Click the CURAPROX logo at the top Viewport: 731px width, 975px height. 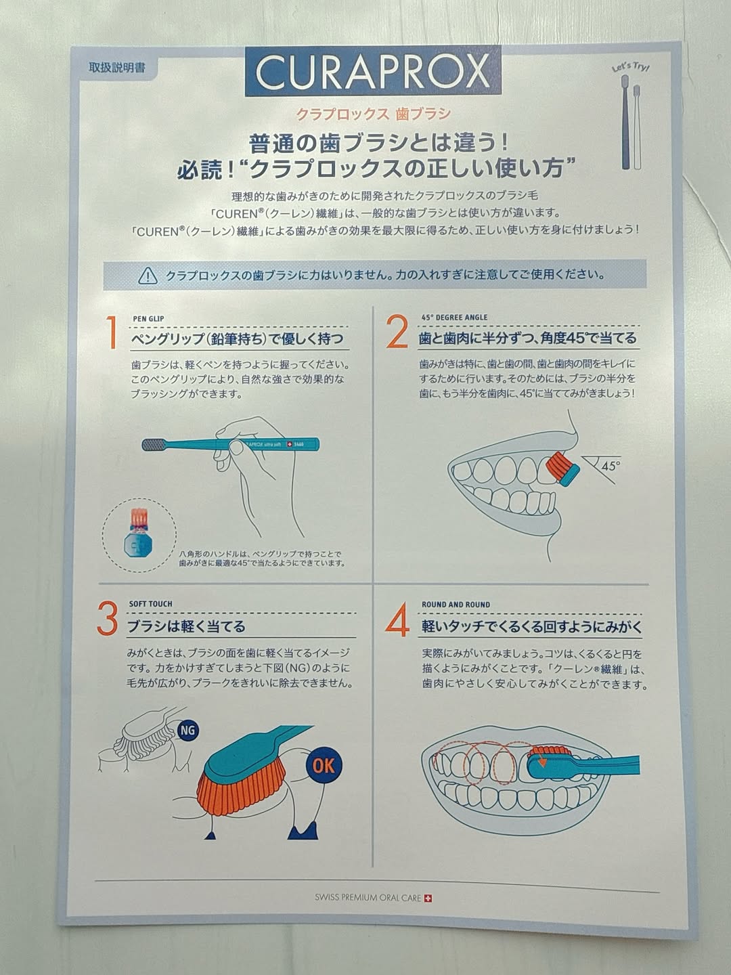point(373,70)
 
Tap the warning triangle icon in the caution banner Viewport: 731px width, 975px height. point(148,276)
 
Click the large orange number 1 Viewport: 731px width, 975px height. point(112,332)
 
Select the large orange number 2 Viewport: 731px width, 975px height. point(397,332)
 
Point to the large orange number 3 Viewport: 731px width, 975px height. point(108,619)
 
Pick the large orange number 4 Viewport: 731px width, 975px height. point(397,620)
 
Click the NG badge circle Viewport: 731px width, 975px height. point(187,730)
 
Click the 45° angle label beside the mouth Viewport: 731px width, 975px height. point(611,466)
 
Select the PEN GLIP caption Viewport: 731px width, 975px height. point(148,319)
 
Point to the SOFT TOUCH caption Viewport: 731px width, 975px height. point(150,604)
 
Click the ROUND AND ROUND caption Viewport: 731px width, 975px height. point(456,605)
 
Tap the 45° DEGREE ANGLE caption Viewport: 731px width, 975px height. point(454,317)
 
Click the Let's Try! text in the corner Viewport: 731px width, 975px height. point(631,67)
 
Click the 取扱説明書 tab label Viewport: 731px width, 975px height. point(117,68)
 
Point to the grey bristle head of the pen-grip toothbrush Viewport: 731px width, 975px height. point(155,443)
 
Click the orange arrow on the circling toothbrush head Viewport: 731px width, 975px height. point(541,760)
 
